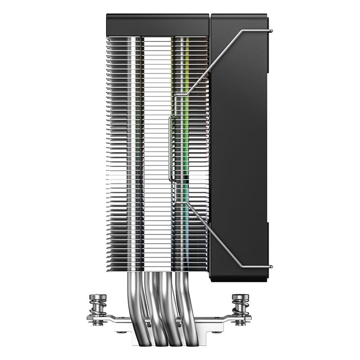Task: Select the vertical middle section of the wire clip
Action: pos(170,148)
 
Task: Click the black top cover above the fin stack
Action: pos(157,25)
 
